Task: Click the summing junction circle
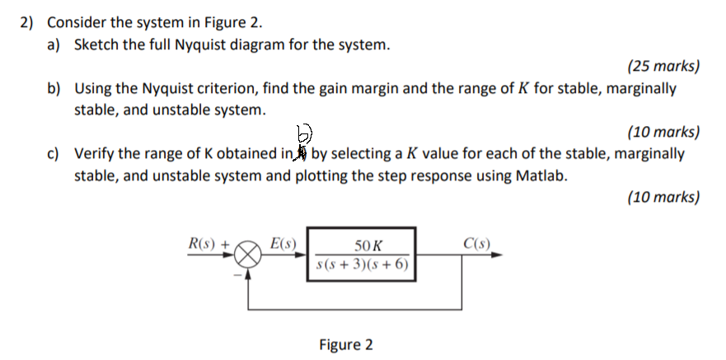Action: [x=251, y=255]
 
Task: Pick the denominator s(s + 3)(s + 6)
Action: [x=363, y=265]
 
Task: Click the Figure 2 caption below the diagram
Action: [x=346, y=344]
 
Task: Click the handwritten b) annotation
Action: [x=304, y=133]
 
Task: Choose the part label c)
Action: [x=55, y=153]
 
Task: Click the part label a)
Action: [x=55, y=44]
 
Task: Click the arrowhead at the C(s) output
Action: [x=497, y=255]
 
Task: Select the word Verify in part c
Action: [x=95, y=153]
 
